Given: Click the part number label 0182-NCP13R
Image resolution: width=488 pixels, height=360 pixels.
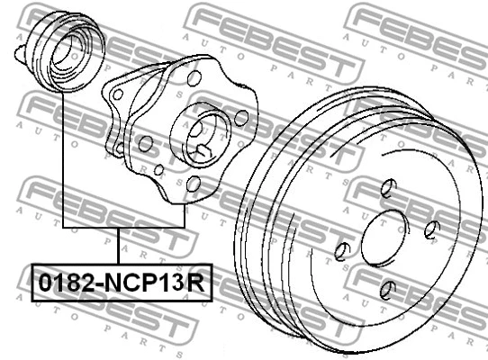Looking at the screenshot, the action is point(122,283).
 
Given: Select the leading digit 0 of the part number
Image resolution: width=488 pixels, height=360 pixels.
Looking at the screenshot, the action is point(44,283).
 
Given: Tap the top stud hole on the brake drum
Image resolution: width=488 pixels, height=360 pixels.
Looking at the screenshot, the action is point(388,189).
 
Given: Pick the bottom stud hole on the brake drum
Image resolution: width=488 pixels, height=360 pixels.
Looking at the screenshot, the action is point(388,288).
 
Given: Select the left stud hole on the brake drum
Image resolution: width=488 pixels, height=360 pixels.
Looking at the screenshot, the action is point(342,251).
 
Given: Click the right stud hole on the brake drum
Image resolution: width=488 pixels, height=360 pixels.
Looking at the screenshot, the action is point(432,229).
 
